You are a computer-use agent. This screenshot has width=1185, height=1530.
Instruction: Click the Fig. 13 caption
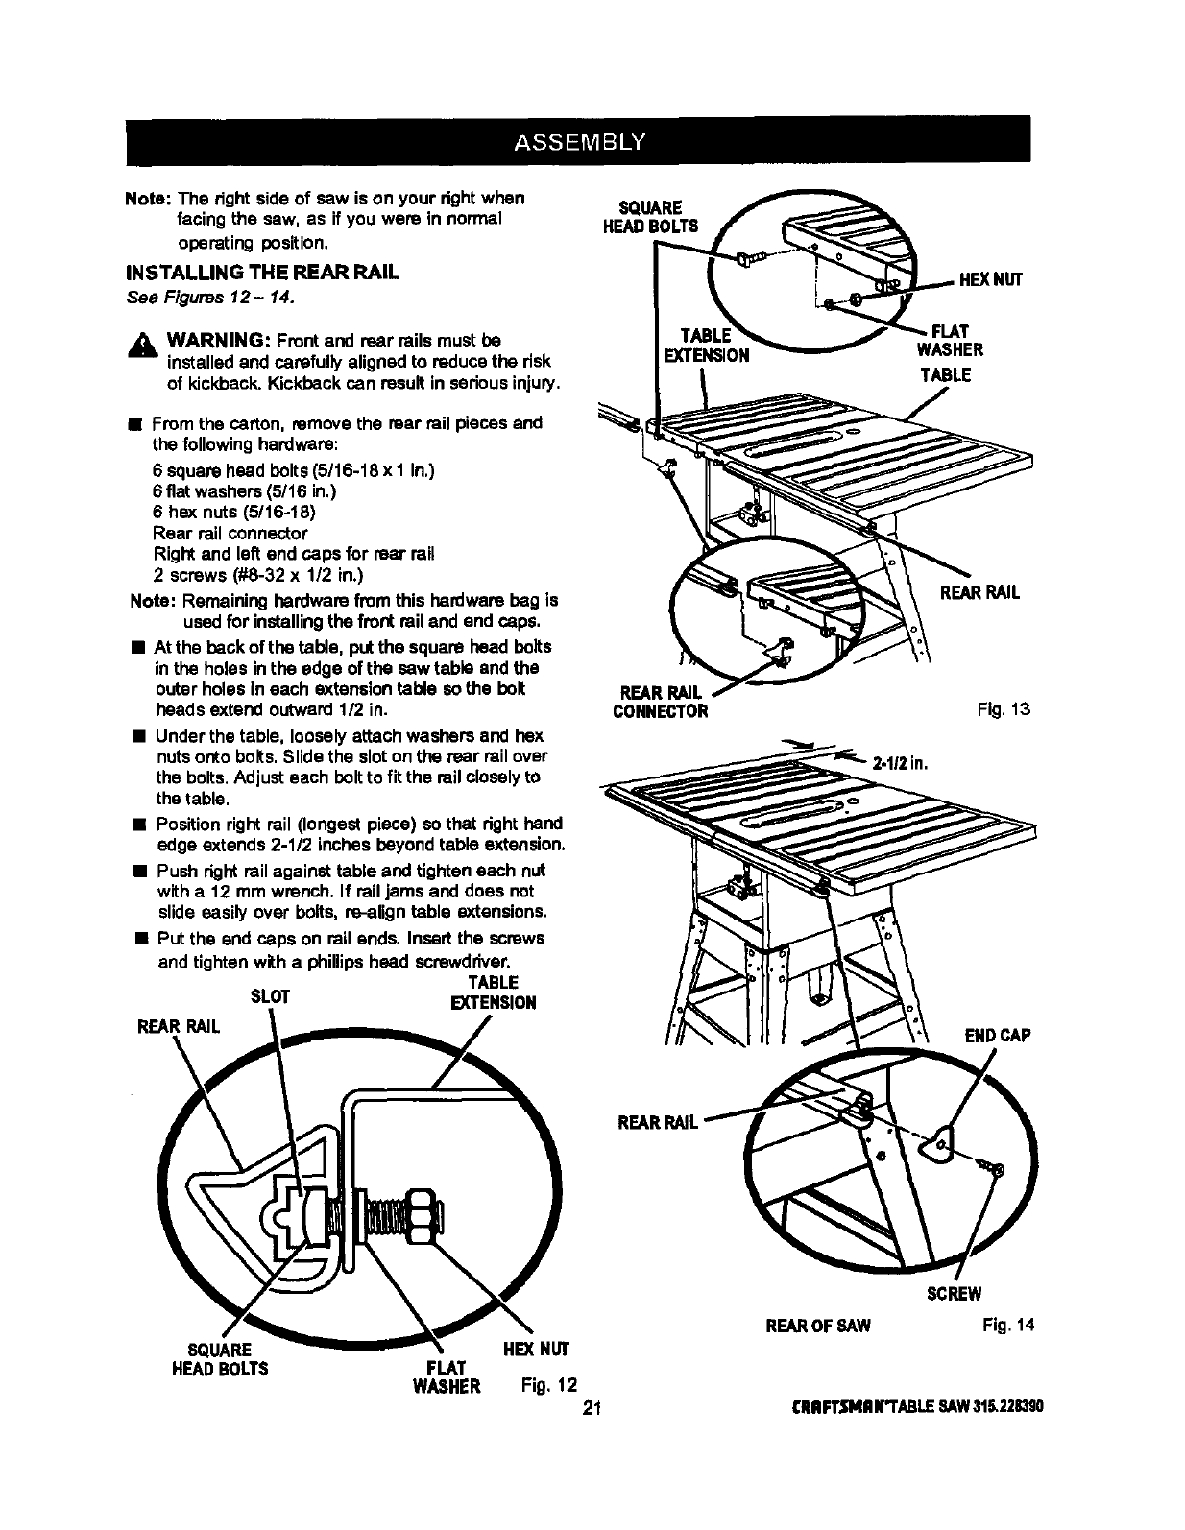tap(1006, 710)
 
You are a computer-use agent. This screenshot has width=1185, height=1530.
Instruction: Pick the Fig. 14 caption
tap(1007, 1326)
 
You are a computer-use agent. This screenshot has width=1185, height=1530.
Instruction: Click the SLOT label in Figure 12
tap(269, 996)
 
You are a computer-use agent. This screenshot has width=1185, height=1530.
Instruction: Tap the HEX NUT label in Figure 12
tap(536, 1349)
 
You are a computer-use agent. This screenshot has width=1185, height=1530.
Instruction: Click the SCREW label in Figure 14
tap(954, 1293)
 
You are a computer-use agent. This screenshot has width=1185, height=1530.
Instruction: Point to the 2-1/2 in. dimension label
tap(900, 765)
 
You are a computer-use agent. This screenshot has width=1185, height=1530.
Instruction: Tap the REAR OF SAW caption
tap(817, 1326)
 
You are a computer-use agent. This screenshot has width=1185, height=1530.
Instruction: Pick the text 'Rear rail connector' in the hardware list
tap(230, 533)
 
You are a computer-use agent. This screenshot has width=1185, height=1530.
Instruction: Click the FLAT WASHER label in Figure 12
tap(447, 1376)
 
